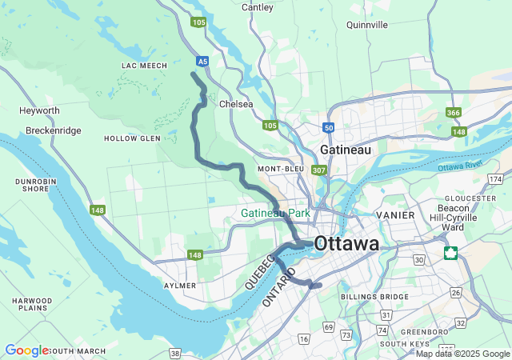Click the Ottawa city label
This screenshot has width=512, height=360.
346,243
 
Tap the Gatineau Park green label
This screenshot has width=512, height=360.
275,214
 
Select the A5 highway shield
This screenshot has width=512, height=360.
203,60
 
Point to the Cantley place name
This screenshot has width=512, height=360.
257,7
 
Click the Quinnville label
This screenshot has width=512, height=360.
367,25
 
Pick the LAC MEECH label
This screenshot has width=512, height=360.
144,66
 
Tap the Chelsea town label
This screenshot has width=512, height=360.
236,104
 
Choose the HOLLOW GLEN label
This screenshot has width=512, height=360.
132,138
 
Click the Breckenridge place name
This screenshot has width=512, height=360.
53,130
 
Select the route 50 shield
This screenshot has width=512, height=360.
329,127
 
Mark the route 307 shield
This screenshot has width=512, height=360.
319,170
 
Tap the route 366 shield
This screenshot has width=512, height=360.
454,113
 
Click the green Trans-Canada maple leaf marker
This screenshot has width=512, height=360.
452,254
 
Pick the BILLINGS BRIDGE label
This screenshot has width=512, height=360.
374,297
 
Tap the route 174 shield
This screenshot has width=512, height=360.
497,178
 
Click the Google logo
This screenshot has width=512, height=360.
26,350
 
